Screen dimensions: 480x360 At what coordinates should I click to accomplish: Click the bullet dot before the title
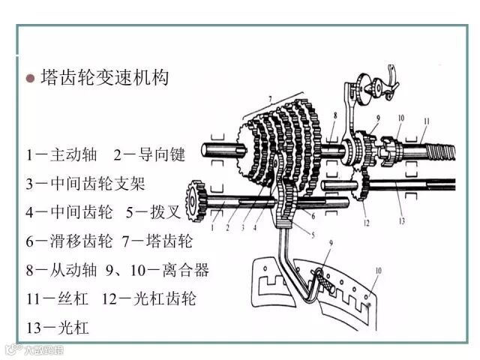tap(31, 78)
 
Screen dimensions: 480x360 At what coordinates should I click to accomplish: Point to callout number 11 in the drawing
tap(426, 121)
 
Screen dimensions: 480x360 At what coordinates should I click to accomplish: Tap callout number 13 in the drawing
tap(401, 222)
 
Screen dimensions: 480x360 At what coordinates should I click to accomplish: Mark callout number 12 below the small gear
tap(366, 223)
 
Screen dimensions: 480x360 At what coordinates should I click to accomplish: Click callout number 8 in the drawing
tap(334, 116)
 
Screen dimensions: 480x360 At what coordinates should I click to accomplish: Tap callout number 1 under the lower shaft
tap(214, 225)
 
